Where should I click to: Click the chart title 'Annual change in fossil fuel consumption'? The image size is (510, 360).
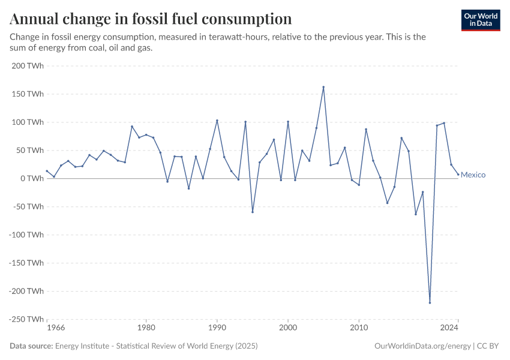[151, 19]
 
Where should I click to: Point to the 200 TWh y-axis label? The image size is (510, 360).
[28, 66]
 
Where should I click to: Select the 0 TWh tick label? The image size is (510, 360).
[32, 179]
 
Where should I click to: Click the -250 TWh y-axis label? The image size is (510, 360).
[26, 319]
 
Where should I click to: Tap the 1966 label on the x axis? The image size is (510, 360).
[55, 328]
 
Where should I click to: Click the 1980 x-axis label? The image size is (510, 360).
[146, 328]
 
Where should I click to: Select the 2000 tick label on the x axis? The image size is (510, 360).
[288, 328]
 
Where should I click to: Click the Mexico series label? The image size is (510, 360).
[473, 175]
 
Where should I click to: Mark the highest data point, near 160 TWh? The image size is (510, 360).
[323, 87]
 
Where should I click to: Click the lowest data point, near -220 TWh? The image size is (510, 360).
[430, 302]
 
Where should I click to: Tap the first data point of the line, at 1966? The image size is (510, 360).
[47, 171]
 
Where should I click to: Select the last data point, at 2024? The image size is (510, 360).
[458, 175]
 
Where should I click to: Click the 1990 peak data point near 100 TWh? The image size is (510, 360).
[217, 121]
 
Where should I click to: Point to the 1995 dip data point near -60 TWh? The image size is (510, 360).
[253, 212]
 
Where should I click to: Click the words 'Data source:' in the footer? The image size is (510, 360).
[31, 346]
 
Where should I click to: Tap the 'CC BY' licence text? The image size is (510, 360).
[489, 346]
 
